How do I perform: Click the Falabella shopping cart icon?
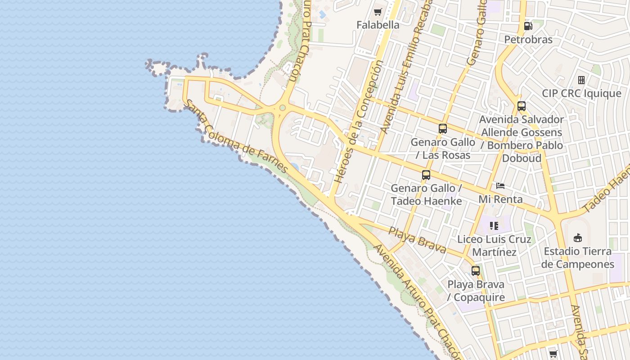tap(378, 12)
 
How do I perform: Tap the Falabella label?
tap(378, 25)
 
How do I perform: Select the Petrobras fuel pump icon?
tap(528, 26)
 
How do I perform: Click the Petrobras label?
tap(528, 40)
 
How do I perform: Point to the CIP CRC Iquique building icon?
tap(581, 80)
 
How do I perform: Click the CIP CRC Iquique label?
tap(581, 94)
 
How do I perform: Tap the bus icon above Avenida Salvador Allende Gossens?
tap(522, 107)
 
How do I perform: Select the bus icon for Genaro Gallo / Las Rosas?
tap(443, 129)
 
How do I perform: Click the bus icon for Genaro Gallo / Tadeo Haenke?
tap(426, 175)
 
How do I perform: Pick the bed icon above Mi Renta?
tap(500, 185)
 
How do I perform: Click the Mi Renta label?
tap(500, 199)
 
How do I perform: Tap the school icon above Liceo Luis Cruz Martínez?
tap(494, 225)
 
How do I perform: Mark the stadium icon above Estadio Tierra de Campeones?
tap(578, 238)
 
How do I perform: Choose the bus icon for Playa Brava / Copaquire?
tap(476, 271)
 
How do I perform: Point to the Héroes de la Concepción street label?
tap(358, 121)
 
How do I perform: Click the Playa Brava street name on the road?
tap(417, 240)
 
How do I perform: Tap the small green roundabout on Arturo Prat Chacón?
tap(283, 108)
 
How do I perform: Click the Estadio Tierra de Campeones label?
tap(578, 258)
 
